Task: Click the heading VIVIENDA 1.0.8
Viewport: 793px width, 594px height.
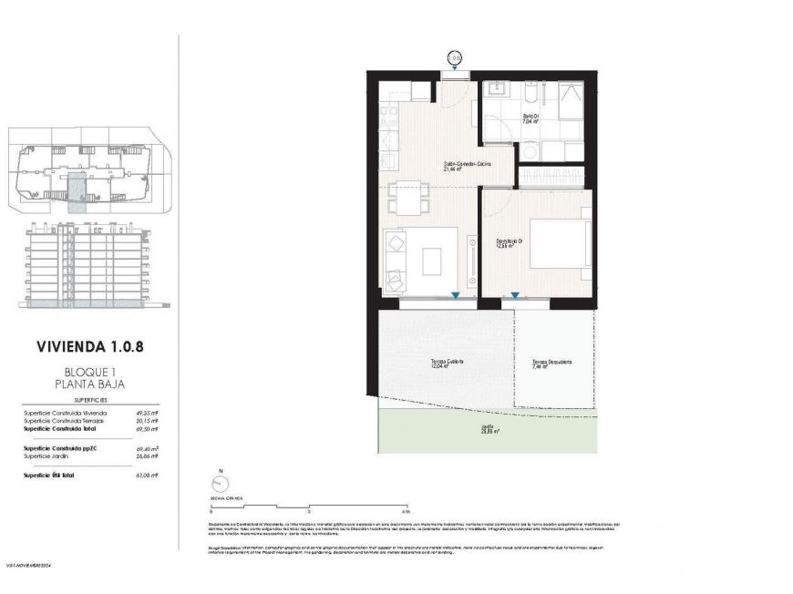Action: click(89, 346)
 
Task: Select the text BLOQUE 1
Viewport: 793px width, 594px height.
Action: click(89, 372)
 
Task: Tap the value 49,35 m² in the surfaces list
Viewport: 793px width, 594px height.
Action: click(147, 413)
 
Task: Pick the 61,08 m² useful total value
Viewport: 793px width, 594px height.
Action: click(147, 476)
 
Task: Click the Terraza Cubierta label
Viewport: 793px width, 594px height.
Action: click(447, 363)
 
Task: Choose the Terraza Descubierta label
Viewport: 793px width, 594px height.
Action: click(552, 364)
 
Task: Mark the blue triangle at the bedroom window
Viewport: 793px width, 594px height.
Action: click(515, 295)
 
